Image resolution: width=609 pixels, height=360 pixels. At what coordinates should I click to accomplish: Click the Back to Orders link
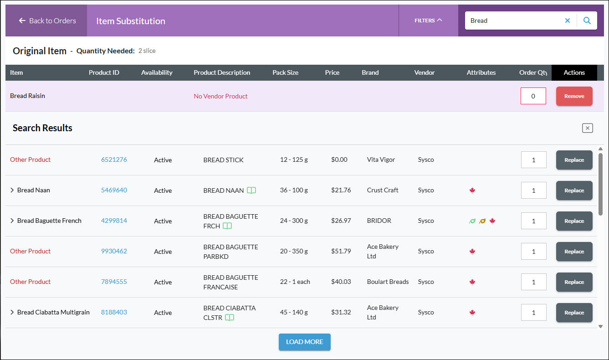click(x=47, y=21)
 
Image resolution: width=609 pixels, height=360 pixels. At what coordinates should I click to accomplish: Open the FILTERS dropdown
click(x=428, y=21)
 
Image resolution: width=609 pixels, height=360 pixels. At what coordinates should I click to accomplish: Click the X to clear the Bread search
click(x=568, y=21)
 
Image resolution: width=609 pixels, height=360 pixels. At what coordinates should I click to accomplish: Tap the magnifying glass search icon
click(x=587, y=21)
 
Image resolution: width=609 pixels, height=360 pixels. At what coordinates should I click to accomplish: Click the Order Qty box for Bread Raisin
click(x=533, y=96)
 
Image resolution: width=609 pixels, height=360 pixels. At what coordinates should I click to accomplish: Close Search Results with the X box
click(x=587, y=128)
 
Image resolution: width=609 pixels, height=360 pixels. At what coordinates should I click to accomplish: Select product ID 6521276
click(x=114, y=159)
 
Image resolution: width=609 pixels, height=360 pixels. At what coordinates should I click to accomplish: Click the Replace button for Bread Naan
click(x=574, y=190)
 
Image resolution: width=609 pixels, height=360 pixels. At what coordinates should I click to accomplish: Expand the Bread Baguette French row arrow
click(x=12, y=221)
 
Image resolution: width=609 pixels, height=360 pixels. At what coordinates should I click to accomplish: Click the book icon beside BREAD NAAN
click(x=251, y=190)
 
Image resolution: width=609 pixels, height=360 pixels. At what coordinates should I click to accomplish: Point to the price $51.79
click(x=341, y=251)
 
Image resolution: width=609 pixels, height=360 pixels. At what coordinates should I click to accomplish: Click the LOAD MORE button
click(x=304, y=342)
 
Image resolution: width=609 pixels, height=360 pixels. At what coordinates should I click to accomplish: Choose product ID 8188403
click(x=114, y=312)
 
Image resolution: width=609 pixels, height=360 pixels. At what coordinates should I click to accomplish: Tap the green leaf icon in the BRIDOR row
click(x=472, y=221)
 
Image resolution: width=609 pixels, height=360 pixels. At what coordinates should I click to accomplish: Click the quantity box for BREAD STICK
click(x=533, y=160)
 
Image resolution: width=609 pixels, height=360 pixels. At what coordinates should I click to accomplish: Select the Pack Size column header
click(x=285, y=72)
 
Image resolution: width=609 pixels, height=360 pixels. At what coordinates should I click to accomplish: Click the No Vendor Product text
click(x=220, y=96)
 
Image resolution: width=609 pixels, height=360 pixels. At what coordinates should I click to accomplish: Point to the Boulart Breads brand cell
click(x=388, y=282)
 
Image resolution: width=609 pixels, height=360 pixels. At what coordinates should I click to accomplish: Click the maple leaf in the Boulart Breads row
click(x=472, y=282)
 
